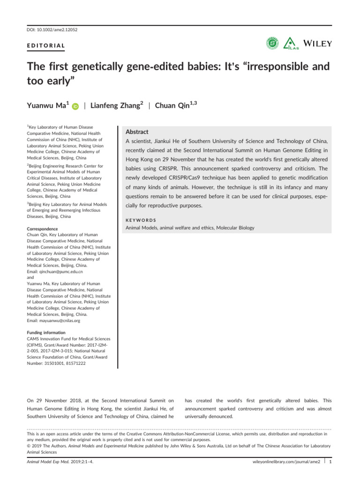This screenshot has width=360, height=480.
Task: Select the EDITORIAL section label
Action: pyautogui.click(x=44, y=46)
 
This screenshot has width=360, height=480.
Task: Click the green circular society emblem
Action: pyautogui.click(x=272, y=43)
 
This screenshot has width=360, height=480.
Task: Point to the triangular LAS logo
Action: pyautogui.click(x=291, y=43)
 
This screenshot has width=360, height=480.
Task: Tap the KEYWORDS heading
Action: pyautogui.click(x=142, y=219)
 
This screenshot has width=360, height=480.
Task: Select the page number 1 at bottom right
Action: pyautogui.click(x=331, y=462)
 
